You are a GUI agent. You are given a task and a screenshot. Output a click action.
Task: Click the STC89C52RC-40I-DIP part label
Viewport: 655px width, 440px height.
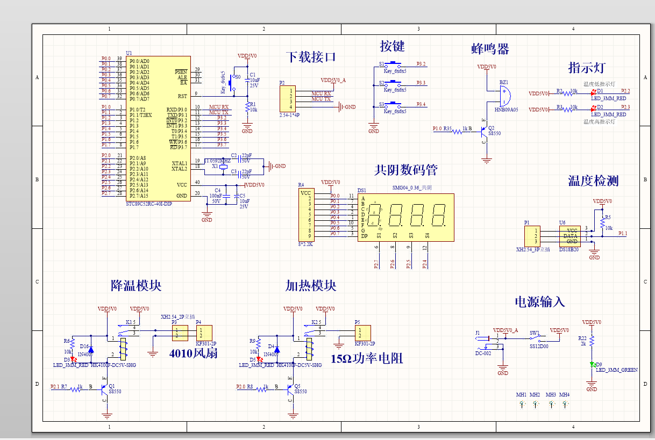click(x=148, y=204)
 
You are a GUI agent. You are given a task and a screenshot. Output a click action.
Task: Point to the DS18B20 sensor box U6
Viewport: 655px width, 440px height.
click(x=570, y=235)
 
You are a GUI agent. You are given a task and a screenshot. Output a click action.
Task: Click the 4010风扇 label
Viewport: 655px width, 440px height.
click(x=193, y=354)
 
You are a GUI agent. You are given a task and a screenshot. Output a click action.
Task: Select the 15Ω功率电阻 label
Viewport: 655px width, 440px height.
click(x=367, y=359)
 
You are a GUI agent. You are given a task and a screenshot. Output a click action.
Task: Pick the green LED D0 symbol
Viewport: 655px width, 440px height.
click(x=592, y=365)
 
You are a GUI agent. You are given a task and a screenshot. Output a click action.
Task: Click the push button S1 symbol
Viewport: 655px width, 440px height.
click(x=395, y=64)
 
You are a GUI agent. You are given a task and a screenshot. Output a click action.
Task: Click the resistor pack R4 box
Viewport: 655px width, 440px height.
click(x=305, y=214)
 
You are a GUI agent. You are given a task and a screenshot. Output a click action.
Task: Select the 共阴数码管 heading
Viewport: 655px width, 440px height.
click(x=405, y=170)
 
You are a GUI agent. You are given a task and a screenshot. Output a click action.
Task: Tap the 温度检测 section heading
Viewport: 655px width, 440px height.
click(x=593, y=181)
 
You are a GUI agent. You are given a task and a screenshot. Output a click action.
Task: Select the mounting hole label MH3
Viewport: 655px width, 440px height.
click(x=551, y=394)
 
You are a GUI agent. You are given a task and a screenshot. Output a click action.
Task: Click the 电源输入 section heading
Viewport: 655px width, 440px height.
click(x=540, y=302)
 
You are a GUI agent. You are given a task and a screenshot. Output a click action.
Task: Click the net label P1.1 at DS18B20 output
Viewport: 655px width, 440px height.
click(x=623, y=233)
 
